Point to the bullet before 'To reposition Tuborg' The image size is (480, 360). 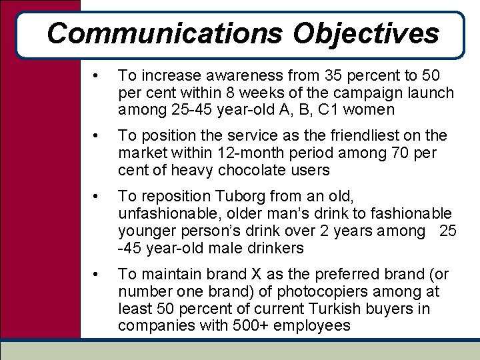[97, 197]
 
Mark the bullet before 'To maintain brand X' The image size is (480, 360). [97, 273]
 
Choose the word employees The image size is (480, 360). [308, 325]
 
